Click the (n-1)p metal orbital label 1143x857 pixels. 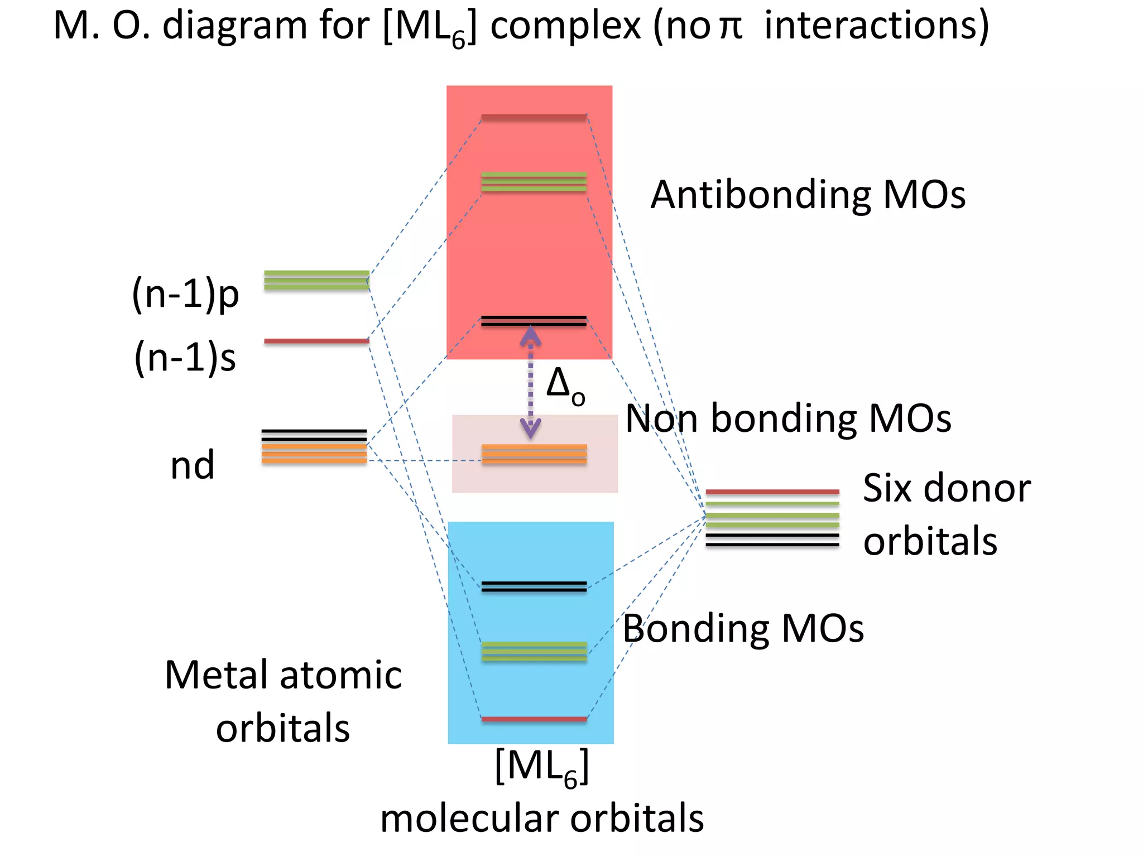click(x=185, y=294)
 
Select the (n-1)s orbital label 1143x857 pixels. click(x=185, y=358)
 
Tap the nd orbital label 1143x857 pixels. click(x=192, y=465)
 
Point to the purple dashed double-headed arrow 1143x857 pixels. click(x=530, y=383)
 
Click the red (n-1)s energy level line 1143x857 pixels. click(x=316, y=341)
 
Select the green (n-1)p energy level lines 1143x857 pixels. click(x=316, y=280)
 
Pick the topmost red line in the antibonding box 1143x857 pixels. click(x=534, y=117)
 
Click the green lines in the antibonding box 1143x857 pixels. click(x=534, y=182)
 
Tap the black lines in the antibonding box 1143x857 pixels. click(x=534, y=321)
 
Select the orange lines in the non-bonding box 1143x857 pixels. click(x=534, y=454)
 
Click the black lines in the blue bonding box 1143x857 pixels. click(x=534, y=586)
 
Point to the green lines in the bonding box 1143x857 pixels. click(x=534, y=652)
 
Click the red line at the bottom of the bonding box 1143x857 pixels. click(x=534, y=719)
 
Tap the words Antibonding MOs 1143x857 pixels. click(x=808, y=195)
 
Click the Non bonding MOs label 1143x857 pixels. click(x=787, y=418)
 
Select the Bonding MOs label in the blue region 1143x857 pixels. click(x=743, y=629)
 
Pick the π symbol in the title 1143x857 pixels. click(x=731, y=27)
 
